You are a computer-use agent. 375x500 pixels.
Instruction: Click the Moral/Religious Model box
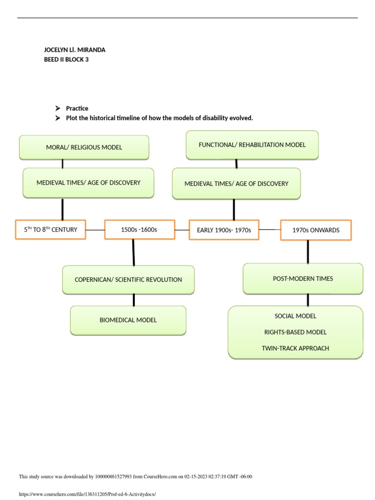pyautogui.click(x=84, y=147)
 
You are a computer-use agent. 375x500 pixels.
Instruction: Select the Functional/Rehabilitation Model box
pyautogui.click(x=252, y=145)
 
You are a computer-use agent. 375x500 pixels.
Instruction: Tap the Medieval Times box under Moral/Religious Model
pyautogui.click(x=88, y=183)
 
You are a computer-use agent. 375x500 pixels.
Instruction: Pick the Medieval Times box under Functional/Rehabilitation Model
pyautogui.click(x=236, y=184)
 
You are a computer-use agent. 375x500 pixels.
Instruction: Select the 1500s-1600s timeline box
pyautogui.click(x=139, y=230)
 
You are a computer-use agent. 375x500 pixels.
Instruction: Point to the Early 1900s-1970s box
pyautogui.click(x=224, y=230)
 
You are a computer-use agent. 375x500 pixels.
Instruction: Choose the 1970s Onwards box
pyautogui.click(x=315, y=230)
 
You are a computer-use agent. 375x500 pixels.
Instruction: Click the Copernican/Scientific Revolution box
pyautogui.click(x=128, y=280)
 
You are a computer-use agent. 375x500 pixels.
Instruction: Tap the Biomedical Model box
pyautogui.click(x=128, y=320)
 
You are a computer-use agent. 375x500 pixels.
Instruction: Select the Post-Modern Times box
pyautogui.click(x=303, y=279)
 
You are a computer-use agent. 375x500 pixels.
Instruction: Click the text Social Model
pyautogui.click(x=295, y=316)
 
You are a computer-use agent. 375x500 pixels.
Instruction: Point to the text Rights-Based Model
pyautogui.click(x=295, y=333)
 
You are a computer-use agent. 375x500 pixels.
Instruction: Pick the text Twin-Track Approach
pyautogui.click(x=295, y=349)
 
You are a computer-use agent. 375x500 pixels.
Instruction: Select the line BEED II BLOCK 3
pyautogui.click(x=66, y=60)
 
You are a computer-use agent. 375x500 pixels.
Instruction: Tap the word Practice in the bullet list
pyautogui.click(x=77, y=108)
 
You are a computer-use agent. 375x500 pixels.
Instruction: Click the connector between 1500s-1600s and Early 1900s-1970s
pyautogui.click(x=182, y=230)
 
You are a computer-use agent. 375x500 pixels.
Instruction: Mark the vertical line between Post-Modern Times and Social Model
pyautogui.click(x=308, y=300)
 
